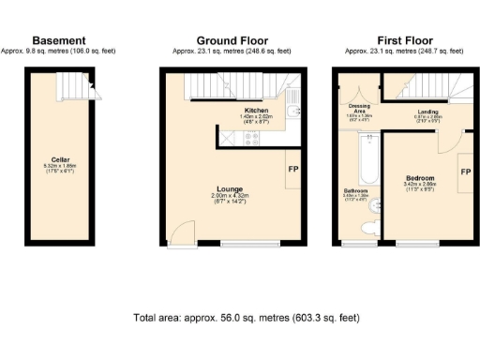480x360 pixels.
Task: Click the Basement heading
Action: (x=59, y=40)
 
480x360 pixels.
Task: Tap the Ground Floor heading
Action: (x=232, y=40)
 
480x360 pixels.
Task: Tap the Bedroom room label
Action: (x=419, y=177)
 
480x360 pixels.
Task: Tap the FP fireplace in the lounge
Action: (x=294, y=169)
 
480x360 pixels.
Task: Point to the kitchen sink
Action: (x=293, y=112)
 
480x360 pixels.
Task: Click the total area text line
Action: (x=247, y=319)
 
